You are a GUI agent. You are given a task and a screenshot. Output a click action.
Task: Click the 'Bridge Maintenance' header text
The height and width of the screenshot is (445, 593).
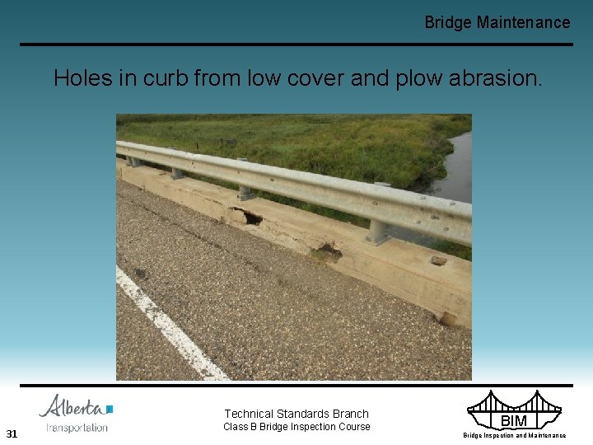[x=497, y=22]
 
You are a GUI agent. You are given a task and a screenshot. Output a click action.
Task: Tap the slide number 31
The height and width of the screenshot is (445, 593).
[x=12, y=433]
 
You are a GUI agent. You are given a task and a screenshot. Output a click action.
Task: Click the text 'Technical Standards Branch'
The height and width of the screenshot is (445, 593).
[x=296, y=414]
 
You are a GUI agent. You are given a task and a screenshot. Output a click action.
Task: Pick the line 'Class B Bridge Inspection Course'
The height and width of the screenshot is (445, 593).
[x=296, y=427]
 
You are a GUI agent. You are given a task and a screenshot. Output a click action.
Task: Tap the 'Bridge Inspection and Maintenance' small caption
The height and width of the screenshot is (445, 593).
[x=514, y=435]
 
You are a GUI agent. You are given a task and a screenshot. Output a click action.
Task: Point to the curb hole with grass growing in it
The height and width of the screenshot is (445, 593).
[x=329, y=251]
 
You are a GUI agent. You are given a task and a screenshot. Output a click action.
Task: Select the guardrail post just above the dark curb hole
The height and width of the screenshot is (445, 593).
[x=245, y=191]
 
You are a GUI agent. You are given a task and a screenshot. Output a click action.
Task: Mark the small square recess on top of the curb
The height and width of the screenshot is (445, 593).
[x=439, y=260]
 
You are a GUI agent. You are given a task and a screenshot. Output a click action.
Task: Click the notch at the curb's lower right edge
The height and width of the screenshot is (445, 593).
[x=450, y=318]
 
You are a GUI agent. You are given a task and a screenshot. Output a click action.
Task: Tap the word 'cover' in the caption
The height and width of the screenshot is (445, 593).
[x=311, y=79]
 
